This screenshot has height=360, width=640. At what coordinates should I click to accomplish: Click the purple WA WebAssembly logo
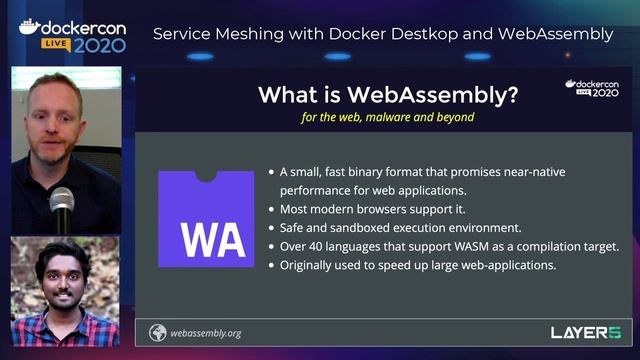click(x=206, y=219)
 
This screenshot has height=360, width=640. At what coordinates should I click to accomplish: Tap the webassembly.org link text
click(x=206, y=333)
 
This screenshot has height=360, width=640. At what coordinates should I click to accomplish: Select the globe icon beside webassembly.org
click(x=157, y=333)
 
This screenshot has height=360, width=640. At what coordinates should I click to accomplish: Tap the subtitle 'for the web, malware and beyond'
click(x=387, y=117)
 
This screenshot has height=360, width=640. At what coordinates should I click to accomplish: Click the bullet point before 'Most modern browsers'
click(x=272, y=210)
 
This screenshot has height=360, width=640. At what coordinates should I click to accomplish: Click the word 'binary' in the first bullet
click(x=386, y=172)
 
